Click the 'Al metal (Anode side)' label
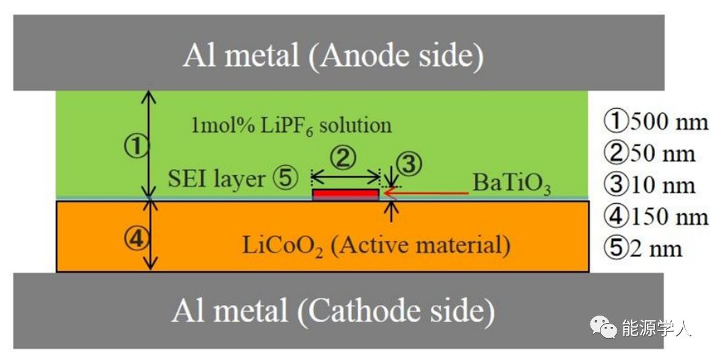pos(333,56)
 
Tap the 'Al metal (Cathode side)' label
pos(333,312)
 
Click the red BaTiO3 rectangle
pos(345,194)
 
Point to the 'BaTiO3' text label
pos(511,183)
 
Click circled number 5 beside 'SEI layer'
pos(284,178)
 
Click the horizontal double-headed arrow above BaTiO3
pos(346,178)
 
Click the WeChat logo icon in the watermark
pos(603,328)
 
